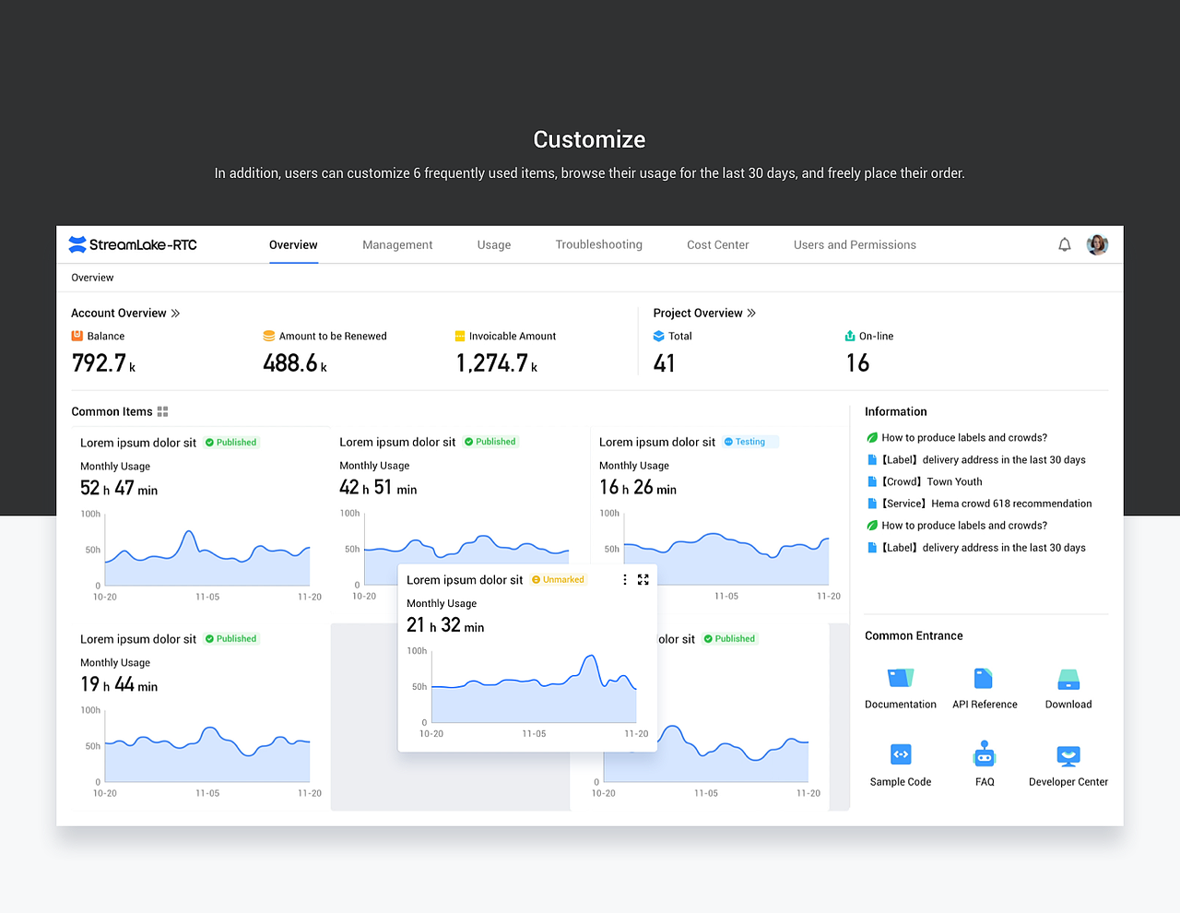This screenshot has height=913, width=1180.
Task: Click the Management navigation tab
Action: tap(397, 244)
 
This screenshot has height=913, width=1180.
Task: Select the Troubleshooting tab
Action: tap(598, 244)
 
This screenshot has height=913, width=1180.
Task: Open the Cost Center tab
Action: tap(717, 244)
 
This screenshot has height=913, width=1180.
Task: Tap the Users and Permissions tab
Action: tap(855, 244)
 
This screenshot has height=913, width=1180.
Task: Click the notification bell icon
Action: tap(1065, 244)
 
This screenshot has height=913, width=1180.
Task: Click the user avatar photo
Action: tap(1097, 244)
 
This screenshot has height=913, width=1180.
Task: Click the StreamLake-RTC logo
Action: tap(133, 244)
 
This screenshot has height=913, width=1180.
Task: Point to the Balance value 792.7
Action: tap(99, 363)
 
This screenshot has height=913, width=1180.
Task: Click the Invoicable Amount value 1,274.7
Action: tap(492, 363)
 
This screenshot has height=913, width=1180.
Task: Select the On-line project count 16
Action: tap(857, 363)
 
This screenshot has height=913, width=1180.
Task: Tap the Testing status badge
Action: tap(749, 442)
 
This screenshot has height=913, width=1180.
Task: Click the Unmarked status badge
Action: tap(559, 580)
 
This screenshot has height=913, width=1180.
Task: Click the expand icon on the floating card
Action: tap(643, 580)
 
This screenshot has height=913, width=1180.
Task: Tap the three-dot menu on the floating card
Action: tap(625, 580)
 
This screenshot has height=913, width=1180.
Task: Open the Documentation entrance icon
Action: tap(901, 679)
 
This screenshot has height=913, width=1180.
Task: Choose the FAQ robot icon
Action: tap(985, 754)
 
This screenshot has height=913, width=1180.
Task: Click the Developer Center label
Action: tap(1068, 782)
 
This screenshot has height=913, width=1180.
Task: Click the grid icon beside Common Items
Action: tap(163, 412)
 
